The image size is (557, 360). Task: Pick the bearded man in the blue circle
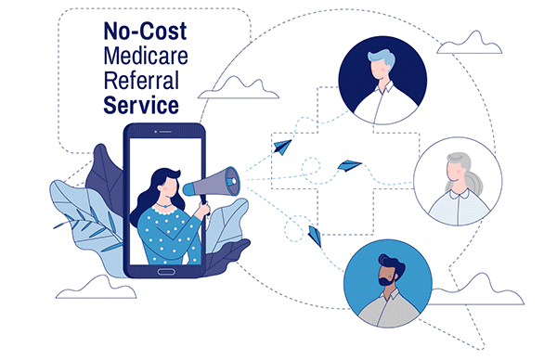pos(388,282)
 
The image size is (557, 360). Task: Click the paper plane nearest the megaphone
pos(281,147)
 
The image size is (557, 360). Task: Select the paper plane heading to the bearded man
pos(315,234)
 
